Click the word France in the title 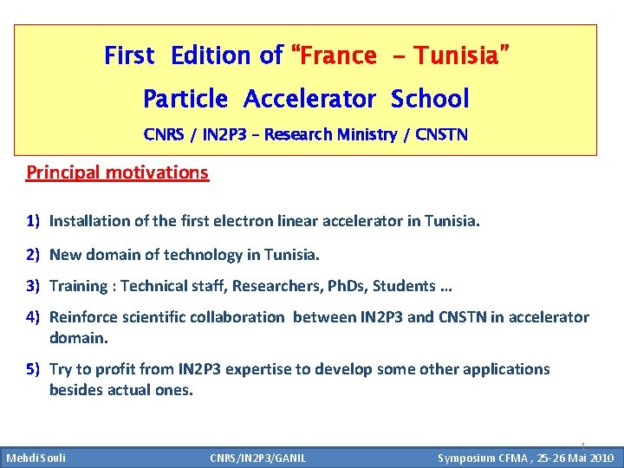point(340,56)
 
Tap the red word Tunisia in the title point(456,56)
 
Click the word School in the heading point(430,99)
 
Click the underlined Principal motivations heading point(117,172)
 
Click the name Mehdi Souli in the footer point(36,458)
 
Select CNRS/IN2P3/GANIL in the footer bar point(257,458)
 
